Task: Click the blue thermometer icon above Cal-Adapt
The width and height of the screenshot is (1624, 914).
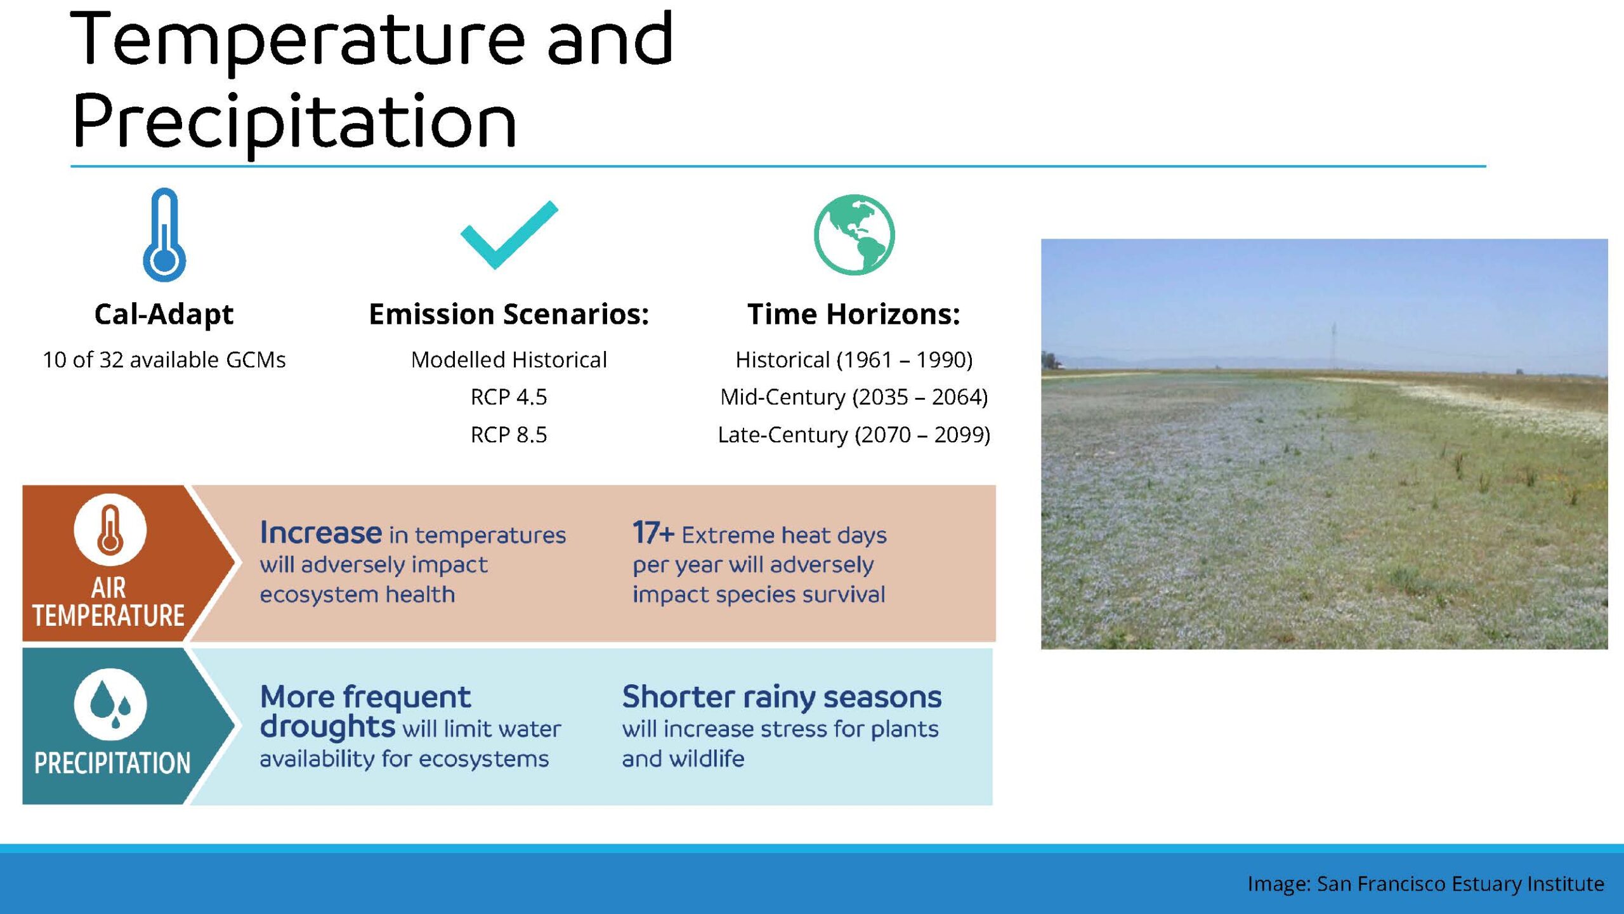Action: click(164, 235)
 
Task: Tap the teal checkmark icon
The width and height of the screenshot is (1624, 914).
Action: click(509, 235)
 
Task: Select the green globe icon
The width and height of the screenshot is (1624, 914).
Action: click(854, 234)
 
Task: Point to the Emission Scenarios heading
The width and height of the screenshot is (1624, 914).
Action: click(509, 314)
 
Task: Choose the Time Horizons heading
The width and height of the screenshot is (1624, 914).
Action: click(854, 314)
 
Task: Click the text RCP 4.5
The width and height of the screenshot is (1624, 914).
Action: click(509, 397)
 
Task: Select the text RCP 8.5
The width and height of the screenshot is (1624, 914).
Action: click(509, 435)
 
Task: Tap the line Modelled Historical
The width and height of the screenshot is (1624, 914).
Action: click(509, 360)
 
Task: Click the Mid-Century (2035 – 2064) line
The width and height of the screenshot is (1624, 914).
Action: click(854, 397)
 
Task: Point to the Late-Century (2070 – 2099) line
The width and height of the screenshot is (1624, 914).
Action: click(854, 435)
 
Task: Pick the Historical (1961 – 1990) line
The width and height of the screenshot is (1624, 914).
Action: click(854, 360)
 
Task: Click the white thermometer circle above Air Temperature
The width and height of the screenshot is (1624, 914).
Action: click(110, 529)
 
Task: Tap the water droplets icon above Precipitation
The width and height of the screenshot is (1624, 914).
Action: click(110, 704)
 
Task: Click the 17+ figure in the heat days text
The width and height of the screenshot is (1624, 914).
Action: click(653, 533)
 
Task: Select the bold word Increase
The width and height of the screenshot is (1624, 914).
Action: click(321, 533)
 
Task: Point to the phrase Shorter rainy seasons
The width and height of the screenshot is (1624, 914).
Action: click(782, 698)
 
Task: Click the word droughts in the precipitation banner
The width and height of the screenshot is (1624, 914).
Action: click(327, 727)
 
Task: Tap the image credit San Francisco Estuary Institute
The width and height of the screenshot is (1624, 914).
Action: click(1460, 884)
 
